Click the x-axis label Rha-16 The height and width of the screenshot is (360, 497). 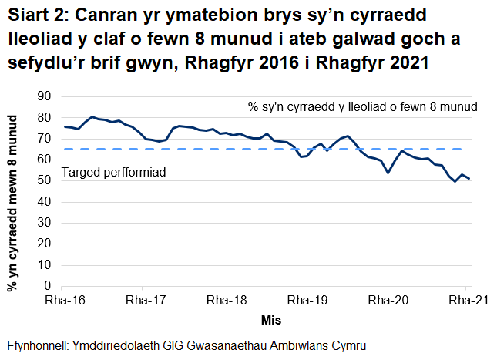[x=65, y=301]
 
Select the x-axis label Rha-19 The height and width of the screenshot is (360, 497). [x=306, y=301]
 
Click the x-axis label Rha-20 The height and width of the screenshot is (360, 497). [x=387, y=301]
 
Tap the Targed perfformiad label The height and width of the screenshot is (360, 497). [x=114, y=173]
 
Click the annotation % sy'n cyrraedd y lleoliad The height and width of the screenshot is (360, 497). [x=362, y=107]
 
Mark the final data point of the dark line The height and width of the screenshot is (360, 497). [x=469, y=179]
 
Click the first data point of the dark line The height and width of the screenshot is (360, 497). [x=65, y=126]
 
